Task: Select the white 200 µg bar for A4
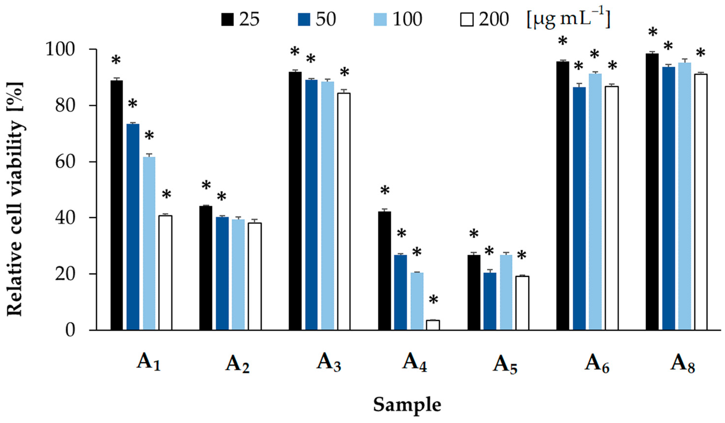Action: [x=433, y=325]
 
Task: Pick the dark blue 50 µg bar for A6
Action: [x=579, y=208]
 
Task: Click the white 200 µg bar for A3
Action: [x=344, y=211]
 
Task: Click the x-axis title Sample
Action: [x=407, y=405]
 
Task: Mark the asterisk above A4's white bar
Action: [x=433, y=301]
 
